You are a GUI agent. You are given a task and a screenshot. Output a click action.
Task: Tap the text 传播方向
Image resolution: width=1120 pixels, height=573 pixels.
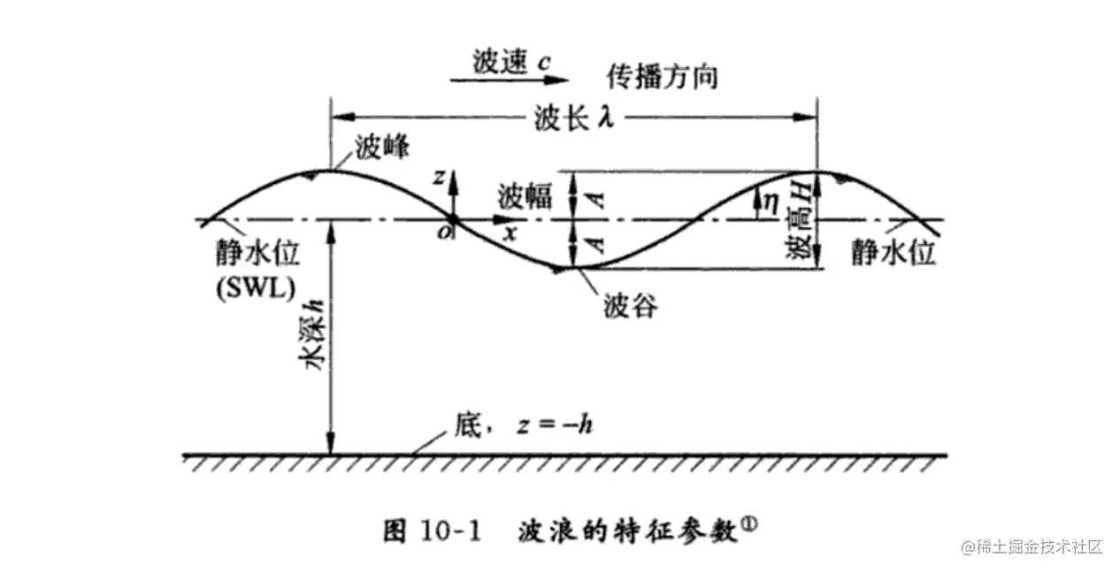click(x=661, y=77)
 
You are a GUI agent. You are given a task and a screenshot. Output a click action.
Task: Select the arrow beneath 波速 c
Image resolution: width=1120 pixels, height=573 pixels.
click(x=508, y=80)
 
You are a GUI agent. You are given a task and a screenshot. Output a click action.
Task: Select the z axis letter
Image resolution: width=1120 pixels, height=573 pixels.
click(x=438, y=177)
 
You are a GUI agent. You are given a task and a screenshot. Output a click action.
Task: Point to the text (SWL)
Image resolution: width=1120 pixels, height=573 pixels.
click(x=257, y=287)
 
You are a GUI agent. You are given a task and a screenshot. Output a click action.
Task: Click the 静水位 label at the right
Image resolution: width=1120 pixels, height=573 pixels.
click(x=893, y=254)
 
